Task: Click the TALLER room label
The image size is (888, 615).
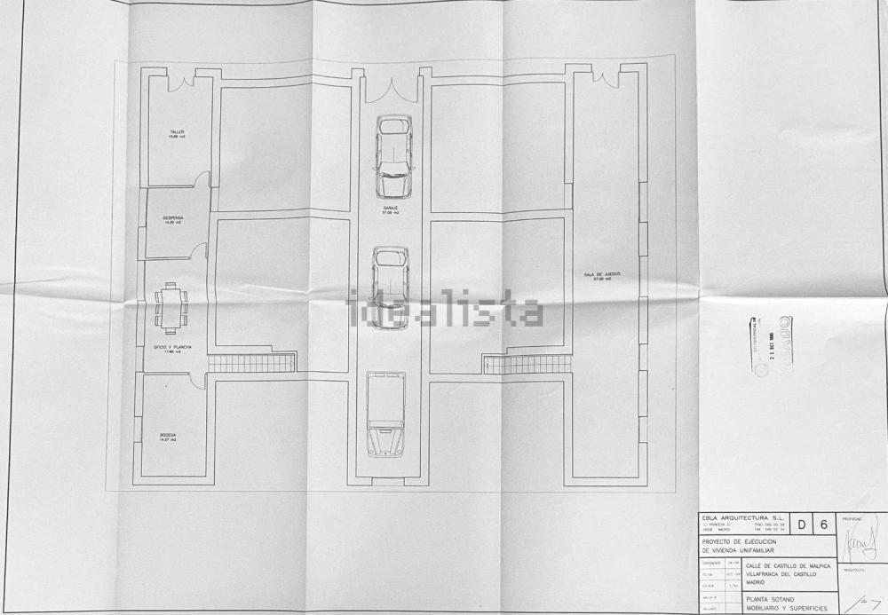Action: point(177,132)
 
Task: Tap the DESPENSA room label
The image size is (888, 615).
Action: point(173,217)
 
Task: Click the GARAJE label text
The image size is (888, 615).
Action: point(391,209)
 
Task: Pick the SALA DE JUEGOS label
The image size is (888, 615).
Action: point(603,275)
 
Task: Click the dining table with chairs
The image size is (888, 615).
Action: point(170,307)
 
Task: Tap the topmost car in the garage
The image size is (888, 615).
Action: point(393,156)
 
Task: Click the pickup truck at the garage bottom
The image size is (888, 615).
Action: point(385,414)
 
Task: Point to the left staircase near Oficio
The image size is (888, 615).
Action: point(251,363)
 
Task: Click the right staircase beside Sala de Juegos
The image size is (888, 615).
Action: point(527,364)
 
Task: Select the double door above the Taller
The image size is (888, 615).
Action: point(181,83)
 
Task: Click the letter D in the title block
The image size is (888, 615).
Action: point(802,524)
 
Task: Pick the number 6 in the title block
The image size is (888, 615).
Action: point(823,524)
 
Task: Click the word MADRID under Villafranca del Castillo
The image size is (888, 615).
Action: point(757,582)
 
